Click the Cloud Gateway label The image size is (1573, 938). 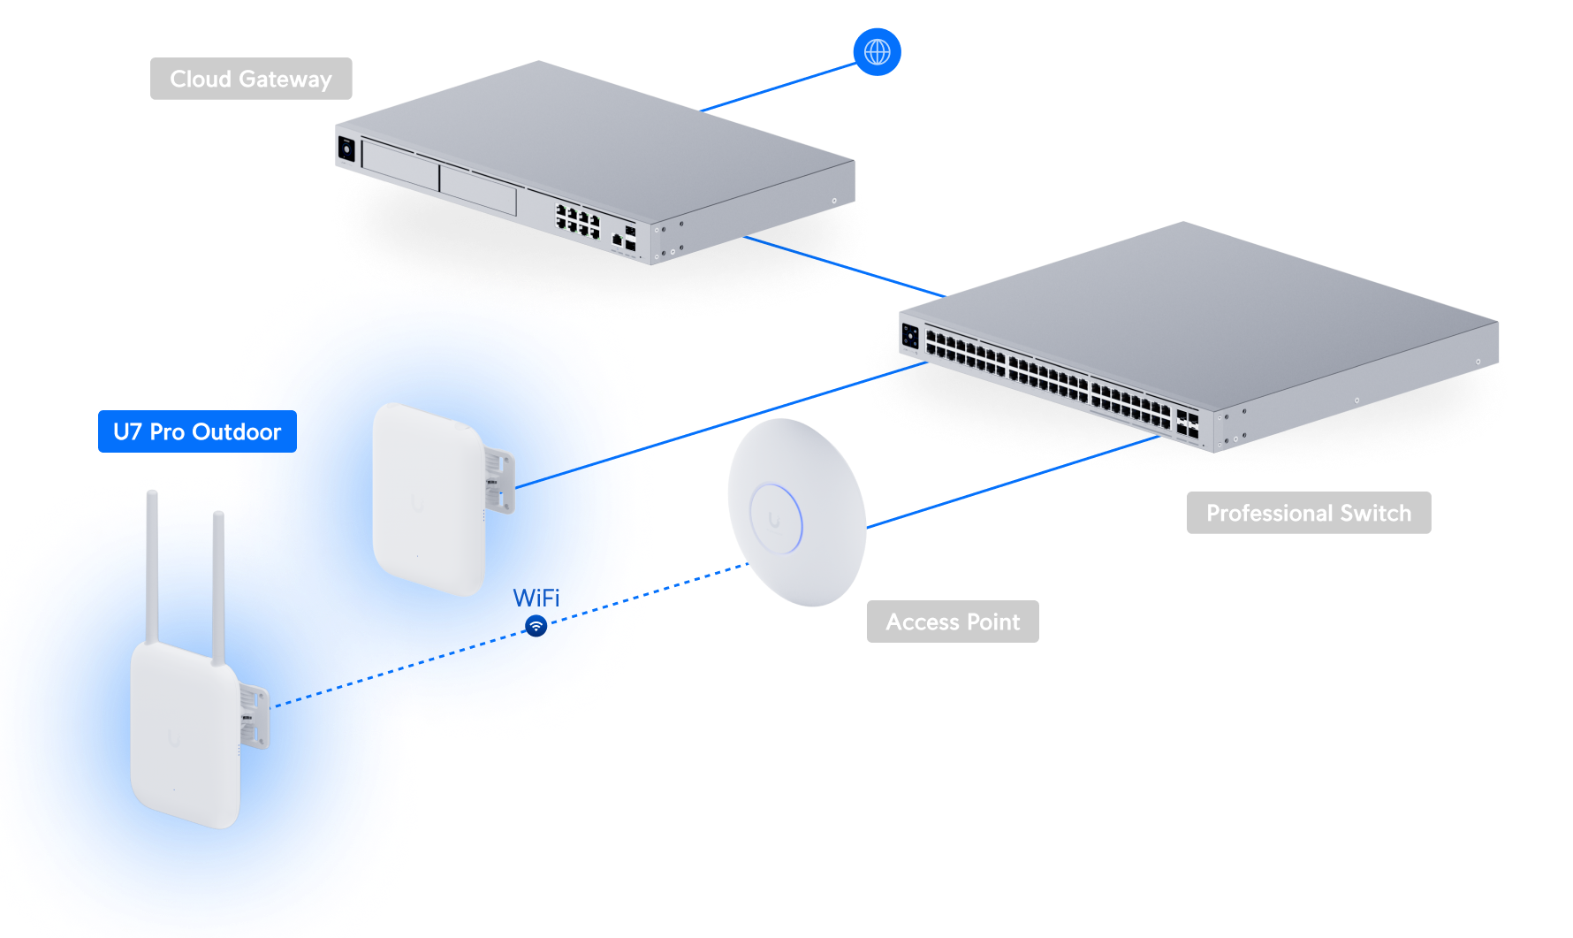tap(251, 79)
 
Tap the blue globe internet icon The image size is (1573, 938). tap(877, 51)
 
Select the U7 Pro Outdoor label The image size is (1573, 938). tap(196, 431)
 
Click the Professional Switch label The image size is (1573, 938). tap(1308, 513)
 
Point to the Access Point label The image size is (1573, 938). tap(953, 622)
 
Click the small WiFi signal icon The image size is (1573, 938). tap(536, 626)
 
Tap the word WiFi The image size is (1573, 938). tap(536, 598)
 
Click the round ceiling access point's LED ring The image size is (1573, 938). tap(775, 518)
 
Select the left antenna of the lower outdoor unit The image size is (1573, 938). tap(152, 566)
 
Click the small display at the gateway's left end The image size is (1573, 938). tap(346, 149)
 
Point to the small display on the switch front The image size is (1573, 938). tap(910, 336)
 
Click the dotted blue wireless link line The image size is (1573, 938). tap(698, 578)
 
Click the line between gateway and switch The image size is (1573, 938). tap(844, 266)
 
